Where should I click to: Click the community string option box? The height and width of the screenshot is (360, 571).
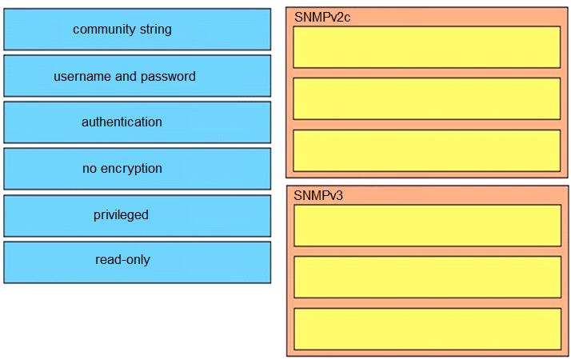point(138,29)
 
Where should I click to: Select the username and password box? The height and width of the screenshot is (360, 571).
point(138,76)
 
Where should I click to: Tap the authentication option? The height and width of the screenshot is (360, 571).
point(138,122)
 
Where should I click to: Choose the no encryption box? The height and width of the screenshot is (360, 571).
point(138,169)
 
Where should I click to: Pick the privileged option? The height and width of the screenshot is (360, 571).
point(138,216)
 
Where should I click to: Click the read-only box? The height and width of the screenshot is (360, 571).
point(138,262)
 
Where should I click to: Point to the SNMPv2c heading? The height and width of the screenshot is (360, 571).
point(322,17)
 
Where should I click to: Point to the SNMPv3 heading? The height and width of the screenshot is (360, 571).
point(318,196)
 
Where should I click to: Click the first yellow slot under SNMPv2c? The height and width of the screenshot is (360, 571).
point(427,47)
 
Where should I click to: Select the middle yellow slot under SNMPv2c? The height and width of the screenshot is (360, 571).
point(427,98)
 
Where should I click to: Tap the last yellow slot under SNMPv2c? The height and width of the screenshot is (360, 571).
point(427,150)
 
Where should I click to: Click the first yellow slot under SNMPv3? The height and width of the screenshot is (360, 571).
point(428,226)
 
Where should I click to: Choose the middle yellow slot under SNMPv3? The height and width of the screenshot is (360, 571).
point(428,277)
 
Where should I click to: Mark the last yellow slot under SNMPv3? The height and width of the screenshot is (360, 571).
point(428,329)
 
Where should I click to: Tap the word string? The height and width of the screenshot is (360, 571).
point(155,30)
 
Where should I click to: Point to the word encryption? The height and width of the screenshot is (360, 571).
point(131,169)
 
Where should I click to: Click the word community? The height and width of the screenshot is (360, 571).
point(104,30)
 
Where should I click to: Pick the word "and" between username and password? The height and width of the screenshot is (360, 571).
point(126,76)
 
